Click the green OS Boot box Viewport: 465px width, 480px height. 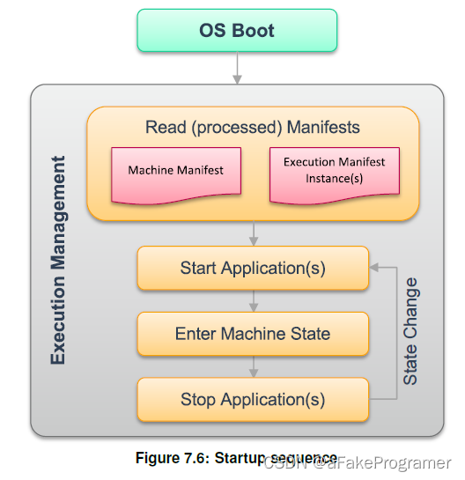237,30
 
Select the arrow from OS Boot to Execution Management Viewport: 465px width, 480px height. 237,68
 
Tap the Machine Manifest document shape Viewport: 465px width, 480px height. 176,171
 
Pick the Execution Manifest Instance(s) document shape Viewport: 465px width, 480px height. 334,171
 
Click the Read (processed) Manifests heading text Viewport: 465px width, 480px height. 253,128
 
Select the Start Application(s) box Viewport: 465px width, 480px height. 253,268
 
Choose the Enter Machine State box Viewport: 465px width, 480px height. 253,334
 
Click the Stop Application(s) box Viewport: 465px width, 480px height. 253,400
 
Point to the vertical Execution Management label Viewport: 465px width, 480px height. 58,261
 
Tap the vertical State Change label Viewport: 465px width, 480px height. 410,332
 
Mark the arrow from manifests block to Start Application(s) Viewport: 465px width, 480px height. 254,233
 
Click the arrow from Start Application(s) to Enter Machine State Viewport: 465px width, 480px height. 254,300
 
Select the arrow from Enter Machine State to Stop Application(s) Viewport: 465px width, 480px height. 254,366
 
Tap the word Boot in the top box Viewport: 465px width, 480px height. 254,30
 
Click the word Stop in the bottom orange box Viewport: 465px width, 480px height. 198,400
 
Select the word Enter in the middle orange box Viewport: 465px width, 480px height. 195,334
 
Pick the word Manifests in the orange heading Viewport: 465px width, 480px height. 323,128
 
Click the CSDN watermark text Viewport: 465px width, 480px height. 357,462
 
